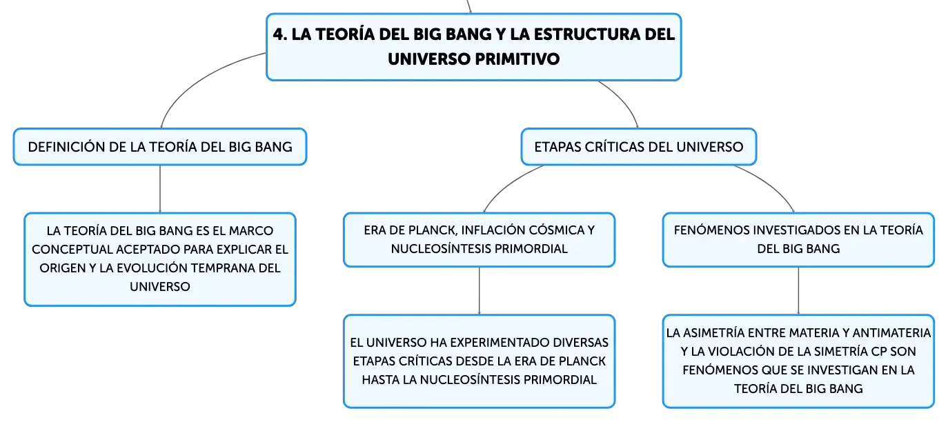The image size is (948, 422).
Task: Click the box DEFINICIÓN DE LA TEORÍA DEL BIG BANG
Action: pos(160,147)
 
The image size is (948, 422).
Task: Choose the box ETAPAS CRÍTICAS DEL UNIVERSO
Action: pos(639,147)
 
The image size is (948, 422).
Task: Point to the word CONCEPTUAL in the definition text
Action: pos(72,250)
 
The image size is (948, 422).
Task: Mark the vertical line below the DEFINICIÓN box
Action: pos(160,189)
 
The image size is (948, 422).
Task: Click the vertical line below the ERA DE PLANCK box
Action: pos(479,291)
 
